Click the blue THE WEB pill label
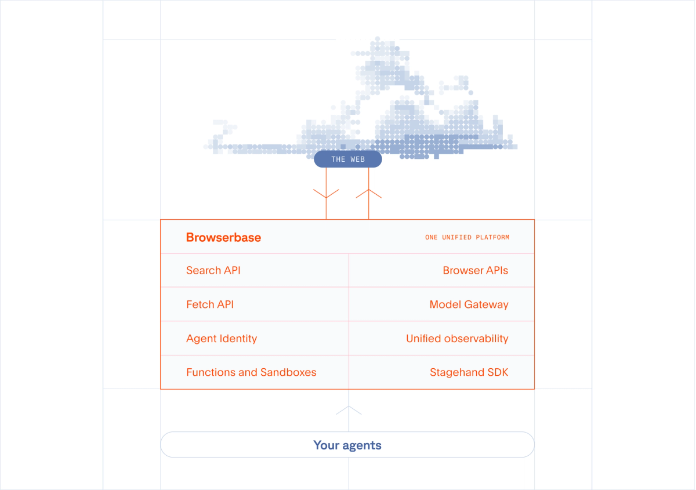348,159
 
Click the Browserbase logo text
223,237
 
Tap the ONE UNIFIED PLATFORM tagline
467,237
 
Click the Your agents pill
347,445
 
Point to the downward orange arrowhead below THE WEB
326,194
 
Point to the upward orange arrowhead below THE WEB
369,193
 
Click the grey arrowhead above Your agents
349,410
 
